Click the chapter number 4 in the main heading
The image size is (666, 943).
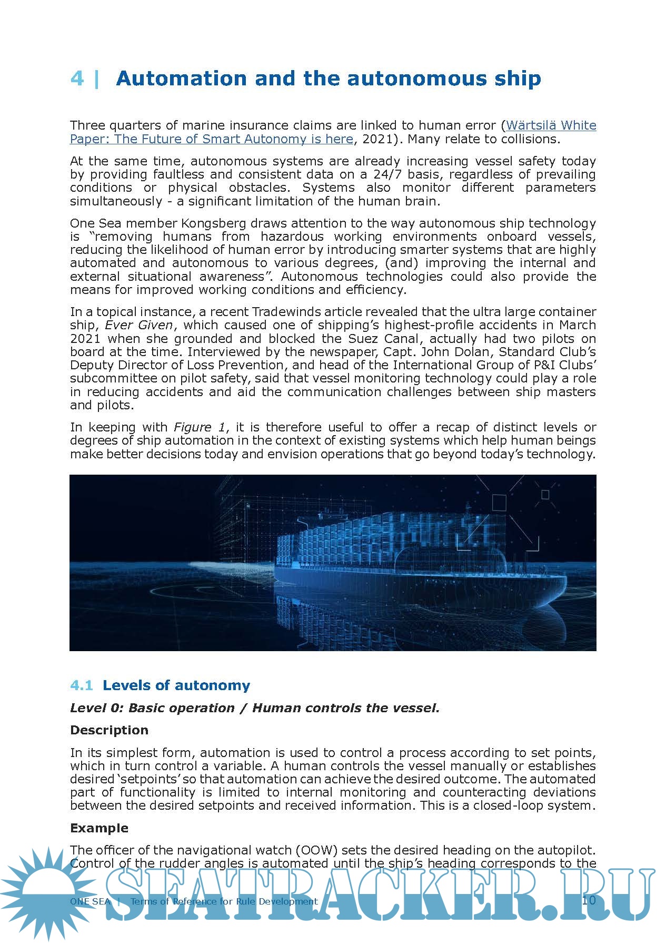(77, 78)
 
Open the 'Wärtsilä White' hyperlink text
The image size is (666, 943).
(551, 125)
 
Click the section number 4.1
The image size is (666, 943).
(81, 685)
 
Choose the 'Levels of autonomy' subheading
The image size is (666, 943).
(176, 685)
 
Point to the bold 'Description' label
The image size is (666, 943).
(109, 730)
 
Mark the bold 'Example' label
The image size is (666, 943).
(99, 828)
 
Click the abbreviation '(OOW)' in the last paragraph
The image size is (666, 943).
(314, 850)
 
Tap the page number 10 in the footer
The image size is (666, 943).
(589, 900)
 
